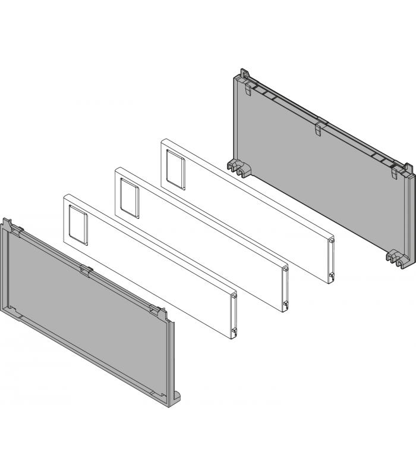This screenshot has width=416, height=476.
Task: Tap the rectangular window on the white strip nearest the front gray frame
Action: coord(77,223)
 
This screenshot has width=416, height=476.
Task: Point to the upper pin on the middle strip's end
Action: coord(286,270)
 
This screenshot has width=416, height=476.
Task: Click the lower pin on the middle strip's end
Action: coord(286,305)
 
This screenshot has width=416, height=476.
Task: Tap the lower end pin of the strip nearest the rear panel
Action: coord(332,275)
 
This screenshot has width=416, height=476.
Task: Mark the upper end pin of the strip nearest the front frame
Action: coord(235,295)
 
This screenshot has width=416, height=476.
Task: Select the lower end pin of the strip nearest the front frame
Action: coord(235,330)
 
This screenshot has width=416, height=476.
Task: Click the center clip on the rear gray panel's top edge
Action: coord(319,127)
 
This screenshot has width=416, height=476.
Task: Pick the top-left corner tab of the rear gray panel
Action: coord(242,74)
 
